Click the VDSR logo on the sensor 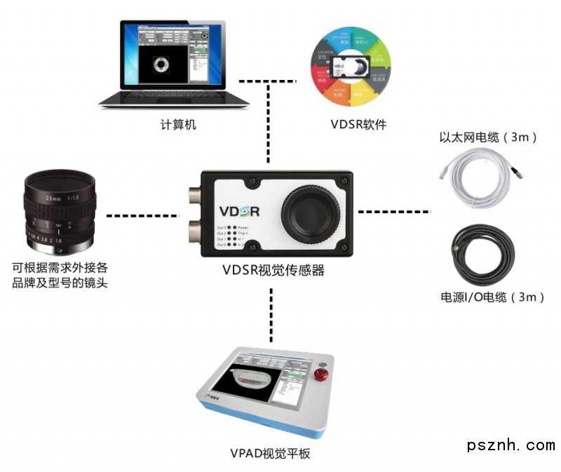(240, 211)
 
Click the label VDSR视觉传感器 (273, 270)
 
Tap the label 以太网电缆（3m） (488, 137)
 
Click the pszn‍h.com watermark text (511, 445)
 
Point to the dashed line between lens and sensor (143, 214)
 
